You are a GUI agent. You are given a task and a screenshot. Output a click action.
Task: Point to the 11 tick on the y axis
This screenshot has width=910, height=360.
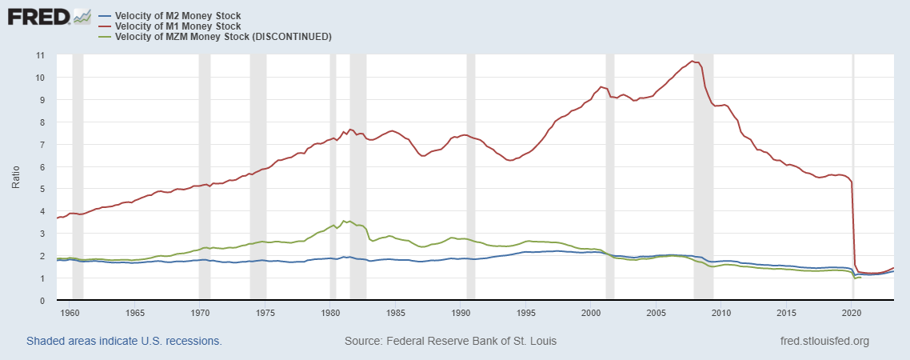click(40, 55)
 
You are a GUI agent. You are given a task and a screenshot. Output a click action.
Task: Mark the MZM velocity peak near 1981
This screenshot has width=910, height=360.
click(344, 221)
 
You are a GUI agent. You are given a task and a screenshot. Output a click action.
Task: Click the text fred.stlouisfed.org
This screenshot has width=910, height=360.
click(824, 342)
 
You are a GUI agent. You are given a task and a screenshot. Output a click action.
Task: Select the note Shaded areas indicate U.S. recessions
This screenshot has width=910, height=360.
click(124, 342)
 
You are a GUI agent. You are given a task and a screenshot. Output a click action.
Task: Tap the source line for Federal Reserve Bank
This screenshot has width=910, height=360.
click(450, 342)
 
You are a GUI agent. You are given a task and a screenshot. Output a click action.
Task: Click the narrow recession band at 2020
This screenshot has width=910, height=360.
click(852, 176)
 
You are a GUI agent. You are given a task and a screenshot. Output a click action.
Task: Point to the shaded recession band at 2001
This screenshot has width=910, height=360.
click(609, 176)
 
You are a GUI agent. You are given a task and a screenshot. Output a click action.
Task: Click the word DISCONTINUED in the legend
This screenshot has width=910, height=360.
click(292, 37)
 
